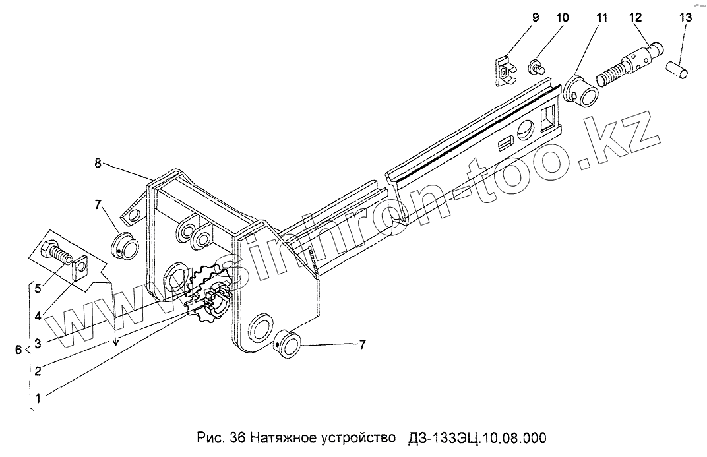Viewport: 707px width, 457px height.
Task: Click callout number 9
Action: (x=535, y=18)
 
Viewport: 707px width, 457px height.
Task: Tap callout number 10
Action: (x=562, y=18)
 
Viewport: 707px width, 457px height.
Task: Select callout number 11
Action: (x=601, y=18)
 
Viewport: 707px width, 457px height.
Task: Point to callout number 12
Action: (x=635, y=18)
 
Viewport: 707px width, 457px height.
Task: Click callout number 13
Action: (x=686, y=18)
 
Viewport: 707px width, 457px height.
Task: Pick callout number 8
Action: (x=98, y=164)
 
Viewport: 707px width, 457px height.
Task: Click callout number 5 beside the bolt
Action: (x=38, y=288)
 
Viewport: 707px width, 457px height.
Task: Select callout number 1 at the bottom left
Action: (x=38, y=398)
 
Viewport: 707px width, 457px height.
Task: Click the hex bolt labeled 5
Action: (x=56, y=253)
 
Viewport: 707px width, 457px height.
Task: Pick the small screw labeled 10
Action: (x=536, y=65)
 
